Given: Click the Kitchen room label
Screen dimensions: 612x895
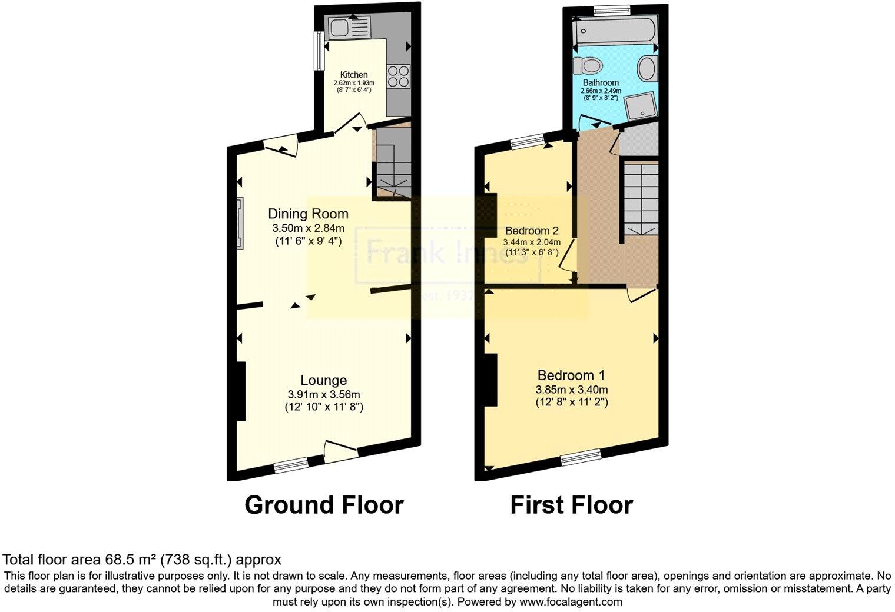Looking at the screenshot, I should (x=353, y=75).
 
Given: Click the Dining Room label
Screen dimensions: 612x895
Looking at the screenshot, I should (x=308, y=214).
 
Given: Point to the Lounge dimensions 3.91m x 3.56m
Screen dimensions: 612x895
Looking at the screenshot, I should (x=324, y=394).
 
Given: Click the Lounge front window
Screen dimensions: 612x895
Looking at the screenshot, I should (x=291, y=465).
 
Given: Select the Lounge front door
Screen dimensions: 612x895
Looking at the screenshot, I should (x=341, y=452).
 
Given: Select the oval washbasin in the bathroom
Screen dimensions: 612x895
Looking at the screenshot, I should (x=647, y=69).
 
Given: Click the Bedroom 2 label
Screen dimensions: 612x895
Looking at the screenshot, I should (x=531, y=231).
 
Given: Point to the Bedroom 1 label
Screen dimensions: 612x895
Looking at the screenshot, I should (x=571, y=375).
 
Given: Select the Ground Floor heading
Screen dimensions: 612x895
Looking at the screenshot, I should (x=324, y=505).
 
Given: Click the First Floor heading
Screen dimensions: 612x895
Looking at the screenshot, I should (x=571, y=505).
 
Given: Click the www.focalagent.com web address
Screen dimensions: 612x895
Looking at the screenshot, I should (x=571, y=602).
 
